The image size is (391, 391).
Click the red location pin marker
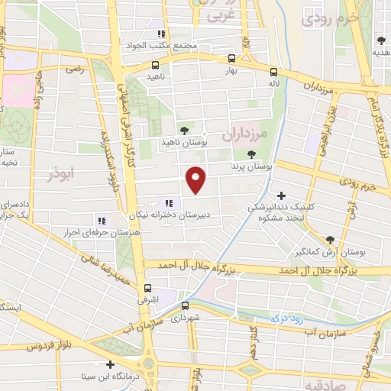coord(197,179)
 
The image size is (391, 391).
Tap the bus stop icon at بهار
coord(231,58)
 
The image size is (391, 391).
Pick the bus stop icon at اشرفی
coord(148,287)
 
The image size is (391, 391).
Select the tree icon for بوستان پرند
coord(251,153)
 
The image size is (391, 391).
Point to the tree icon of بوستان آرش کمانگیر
coord(330,238)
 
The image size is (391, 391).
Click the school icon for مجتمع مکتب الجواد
coord(160,34)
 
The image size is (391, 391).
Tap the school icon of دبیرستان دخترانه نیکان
coord(169,204)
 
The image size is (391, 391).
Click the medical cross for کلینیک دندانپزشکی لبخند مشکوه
coord(283,195)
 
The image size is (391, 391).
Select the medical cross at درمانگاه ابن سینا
coord(111,364)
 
